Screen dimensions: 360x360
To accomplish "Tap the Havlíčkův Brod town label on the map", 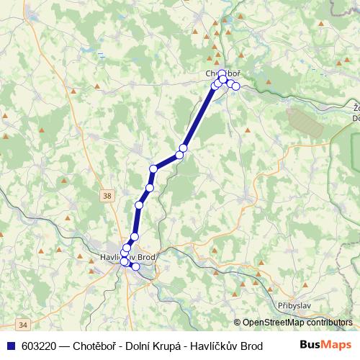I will [x=127, y=257].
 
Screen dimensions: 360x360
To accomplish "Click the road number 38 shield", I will [x=107, y=194].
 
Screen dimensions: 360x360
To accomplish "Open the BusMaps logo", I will [x=325, y=345].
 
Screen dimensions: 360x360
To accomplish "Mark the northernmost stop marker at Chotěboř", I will [x=222, y=73].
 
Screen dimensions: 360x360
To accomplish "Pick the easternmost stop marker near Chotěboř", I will [x=235, y=86].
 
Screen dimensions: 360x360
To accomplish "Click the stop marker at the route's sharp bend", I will [x=153, y=169].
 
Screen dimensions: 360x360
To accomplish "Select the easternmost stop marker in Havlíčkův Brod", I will [x=135, y=266].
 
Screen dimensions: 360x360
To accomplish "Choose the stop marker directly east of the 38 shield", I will [x=138, y=205].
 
